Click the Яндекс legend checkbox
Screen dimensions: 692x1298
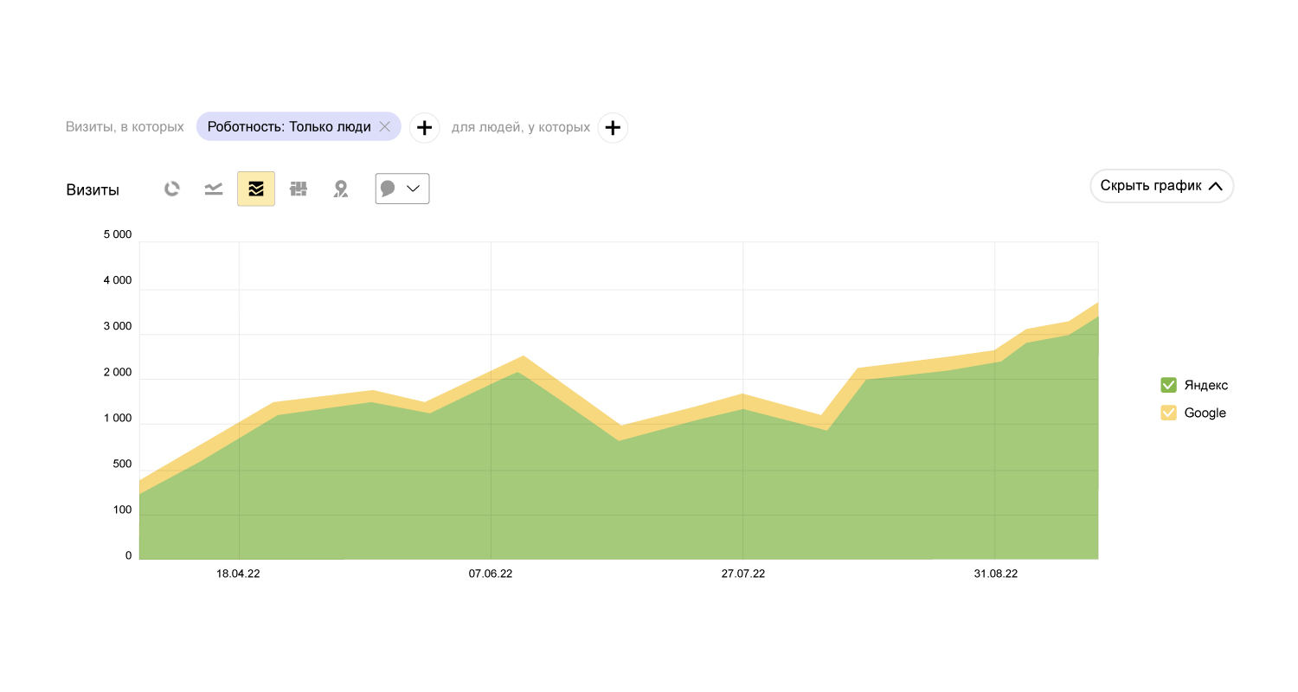click(x=1168, y=385)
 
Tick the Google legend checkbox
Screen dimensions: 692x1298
click(x=1168, y=413)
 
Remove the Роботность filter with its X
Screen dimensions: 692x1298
click(x=385, y=127)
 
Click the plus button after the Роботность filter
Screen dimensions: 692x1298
click(x=424, y=128)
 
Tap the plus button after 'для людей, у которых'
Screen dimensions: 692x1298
click(x=613, y=128)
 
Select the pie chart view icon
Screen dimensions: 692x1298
click(x=172, y=189)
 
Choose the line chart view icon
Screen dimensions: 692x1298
click(x=214, y=189)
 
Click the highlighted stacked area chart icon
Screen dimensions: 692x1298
click(x=256, y=189)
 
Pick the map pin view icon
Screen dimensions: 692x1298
click(x=341, y=189)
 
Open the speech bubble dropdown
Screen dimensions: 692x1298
click(x=402, y=189)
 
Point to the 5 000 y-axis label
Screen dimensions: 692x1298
click(x=117, y=234)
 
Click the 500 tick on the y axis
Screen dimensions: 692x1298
click(x=123, y=464)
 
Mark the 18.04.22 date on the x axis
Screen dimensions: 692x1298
click(x=238, y=573)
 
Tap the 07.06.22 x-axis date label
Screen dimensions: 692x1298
click(x=491, y=573)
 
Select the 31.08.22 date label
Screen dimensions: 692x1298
click(x=995, y=573)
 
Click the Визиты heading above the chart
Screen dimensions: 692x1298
click(x=93, y=190)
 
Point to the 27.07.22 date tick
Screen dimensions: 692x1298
click(x=742, y=573)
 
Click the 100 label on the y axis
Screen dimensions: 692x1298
click(x=123, y=509)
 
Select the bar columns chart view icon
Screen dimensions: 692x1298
click(x=299, y=189)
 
